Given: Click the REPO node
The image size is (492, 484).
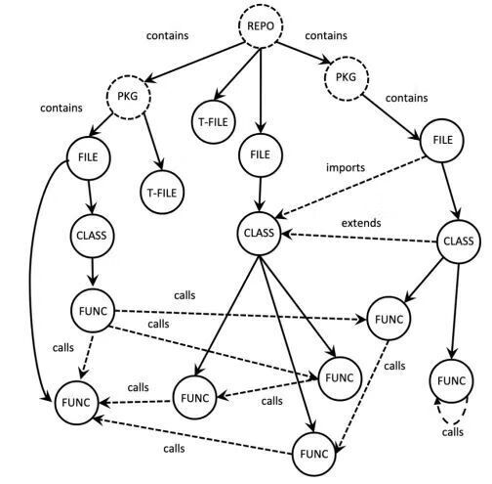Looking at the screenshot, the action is (261, 25).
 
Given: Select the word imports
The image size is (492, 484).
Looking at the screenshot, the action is (346, 167).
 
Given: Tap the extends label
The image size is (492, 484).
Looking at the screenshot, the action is (361, 223).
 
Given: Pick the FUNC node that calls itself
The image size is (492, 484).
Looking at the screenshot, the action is (451, 381).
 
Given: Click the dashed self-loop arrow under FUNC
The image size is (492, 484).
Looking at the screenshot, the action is (452, 424).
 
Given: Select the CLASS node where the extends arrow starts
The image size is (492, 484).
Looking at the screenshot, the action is (459, 242).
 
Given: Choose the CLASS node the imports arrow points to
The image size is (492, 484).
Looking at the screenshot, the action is (259, 233).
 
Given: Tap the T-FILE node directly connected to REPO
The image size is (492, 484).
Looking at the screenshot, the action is (213, 122).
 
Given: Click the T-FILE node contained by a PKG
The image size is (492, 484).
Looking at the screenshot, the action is (162, 193).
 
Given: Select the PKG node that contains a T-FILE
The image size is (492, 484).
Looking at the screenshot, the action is (128, 97).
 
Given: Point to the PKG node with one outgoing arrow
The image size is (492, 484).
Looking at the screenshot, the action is (347, 78).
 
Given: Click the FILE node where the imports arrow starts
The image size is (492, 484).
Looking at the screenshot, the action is (442, 141).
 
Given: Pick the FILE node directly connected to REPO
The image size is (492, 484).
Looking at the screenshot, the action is (261, 155).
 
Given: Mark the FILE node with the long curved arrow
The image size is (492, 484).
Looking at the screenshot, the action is (89, 158).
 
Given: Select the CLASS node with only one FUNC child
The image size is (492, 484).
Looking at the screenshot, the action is (92, 236).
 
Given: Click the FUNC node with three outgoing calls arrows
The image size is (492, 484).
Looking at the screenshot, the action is (93, 311).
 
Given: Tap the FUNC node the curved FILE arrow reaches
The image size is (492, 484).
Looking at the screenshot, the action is (76, 403).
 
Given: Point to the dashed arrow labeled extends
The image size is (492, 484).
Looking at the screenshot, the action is (358, 238).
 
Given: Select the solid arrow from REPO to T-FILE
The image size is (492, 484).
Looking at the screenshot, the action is (237, 74).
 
